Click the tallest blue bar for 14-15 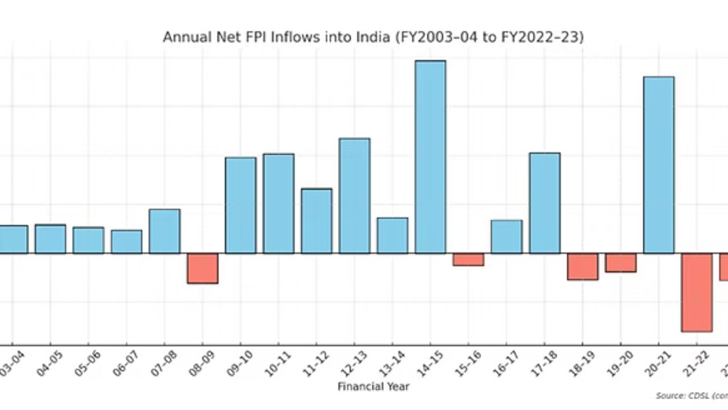point(430,157)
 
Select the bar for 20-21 point(659,165)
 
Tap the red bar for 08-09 point(202,268)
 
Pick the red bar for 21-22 point(697,292)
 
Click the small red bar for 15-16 point(468,259)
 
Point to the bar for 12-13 point(354,196)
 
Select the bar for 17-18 point(544,203)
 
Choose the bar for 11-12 point(316,221)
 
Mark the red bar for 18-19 point(582,266)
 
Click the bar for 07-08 point(165,231)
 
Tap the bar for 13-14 point(392,236)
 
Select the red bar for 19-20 point(620,262)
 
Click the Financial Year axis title point(373,386)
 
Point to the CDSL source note point(692,396)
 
